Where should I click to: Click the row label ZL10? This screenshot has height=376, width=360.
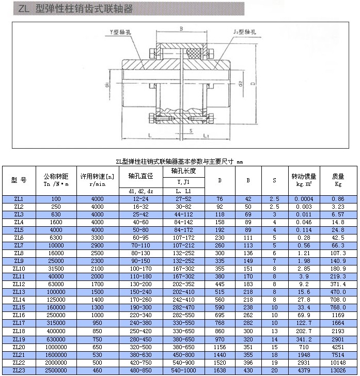[18, 269]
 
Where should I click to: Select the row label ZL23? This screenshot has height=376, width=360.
[18, 370]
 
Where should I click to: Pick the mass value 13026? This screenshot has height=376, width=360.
[338, 370]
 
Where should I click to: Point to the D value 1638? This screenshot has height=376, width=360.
[220, 370]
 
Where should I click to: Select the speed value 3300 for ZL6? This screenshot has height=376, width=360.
[97, 238]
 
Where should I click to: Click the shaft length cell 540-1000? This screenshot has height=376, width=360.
[183, 370]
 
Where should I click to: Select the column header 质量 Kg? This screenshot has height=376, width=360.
[338, 180]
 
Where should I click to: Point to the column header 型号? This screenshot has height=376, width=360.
[18, 180]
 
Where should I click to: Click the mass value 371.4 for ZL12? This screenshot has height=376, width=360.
[338, 285]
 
